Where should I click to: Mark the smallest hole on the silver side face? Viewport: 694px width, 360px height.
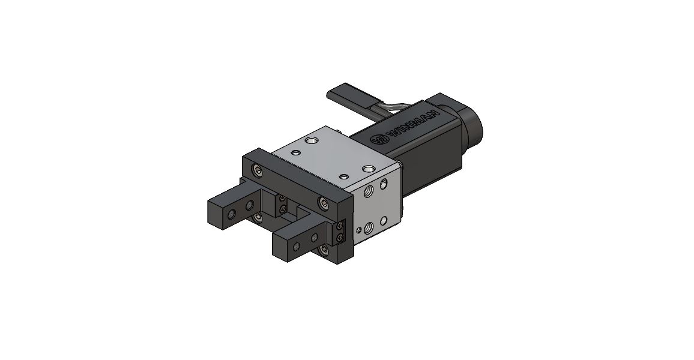point(359,230)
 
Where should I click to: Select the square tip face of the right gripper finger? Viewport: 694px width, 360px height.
point(282,247)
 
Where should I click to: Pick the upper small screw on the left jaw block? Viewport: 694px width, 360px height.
point(282,198)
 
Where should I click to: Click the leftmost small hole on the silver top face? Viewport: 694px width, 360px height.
point(295,152)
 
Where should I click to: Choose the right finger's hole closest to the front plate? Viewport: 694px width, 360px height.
point(313,238)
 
